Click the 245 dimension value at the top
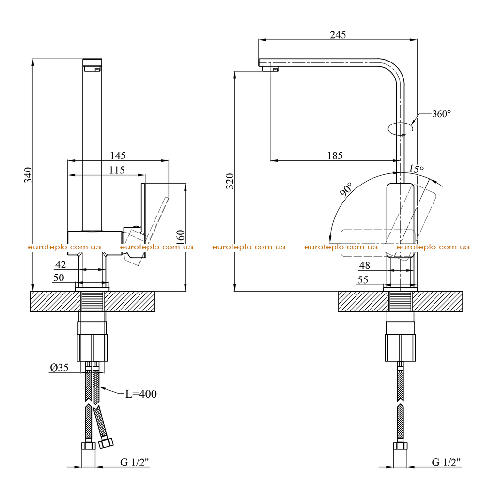coord(338,34)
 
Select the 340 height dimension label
coord(29,175)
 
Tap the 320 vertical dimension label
coord(230,181)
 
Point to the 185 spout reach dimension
coord(335,155)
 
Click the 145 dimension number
coord(118,155)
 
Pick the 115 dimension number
coord(117,170)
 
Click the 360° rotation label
coord(441,113)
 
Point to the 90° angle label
coord(346,189)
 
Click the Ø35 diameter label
coord(59,367)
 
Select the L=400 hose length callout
coord(141,394)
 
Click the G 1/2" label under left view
coord(135,462)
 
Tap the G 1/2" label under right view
coord(446,462)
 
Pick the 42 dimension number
coord(61,264)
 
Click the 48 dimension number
coord(364,265)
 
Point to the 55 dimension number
coord(363,280)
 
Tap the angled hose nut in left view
coord(106,442)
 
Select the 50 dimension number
coord(59,278)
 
